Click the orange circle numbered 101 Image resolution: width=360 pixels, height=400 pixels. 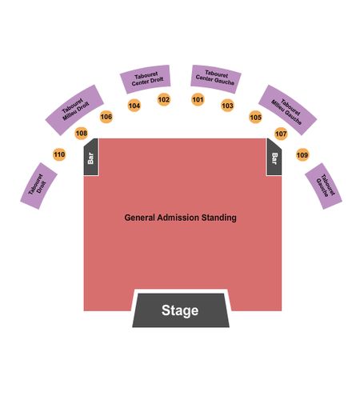click(x=198, y=100)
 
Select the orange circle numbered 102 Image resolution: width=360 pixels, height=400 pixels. click(x=164, y=100)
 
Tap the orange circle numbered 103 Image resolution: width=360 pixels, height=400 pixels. click(x=227, y=106)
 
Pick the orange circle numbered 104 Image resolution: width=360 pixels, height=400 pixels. click(x=134, y=106)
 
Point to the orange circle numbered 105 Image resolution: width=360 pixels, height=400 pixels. click(x=255, y=117)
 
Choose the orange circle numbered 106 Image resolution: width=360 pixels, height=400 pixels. click(x=106, y=117)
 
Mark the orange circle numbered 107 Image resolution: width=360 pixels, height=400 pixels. click(x=281, y=134)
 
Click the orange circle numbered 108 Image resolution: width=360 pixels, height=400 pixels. click(x=82, y=133)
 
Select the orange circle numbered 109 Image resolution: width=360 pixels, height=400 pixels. click(x=302, y=154)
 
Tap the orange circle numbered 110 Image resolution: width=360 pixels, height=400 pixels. click(x=59, y=154)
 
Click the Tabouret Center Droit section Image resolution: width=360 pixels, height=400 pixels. click(x=146, y=79)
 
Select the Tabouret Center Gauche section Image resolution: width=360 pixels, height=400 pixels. click(x=216, y=79)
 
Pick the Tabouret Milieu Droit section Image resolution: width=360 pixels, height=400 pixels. click(x=74, y=110)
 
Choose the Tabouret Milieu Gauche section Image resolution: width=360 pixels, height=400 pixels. click(x=287, y=110)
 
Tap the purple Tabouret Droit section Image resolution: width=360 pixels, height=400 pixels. click(x=38, y=186)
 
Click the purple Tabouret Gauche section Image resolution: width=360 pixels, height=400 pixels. click(x=323, y=186)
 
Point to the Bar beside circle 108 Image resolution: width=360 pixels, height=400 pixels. click(x=90, y=158)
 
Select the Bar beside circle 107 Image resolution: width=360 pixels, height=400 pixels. click(x=274, y=158)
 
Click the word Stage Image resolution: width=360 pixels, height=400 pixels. click(x=180, y=310)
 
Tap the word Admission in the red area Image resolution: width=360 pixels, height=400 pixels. click(x=178, y=218)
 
